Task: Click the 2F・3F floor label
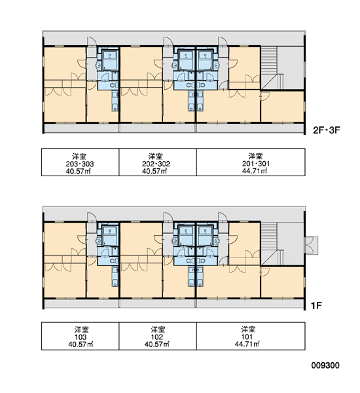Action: click(x=326, y=130)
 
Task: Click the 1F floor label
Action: click(x=316, y=306)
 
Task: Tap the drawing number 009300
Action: click(x=325, y=365)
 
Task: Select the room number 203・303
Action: click(x=80, y=164)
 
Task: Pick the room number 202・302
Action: click(x=156, y=164)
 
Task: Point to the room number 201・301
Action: click(x=256, y=164)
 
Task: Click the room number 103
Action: click(x=81, y=337)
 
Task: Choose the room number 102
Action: click(x=157, y=337)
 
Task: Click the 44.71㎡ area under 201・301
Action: click(x=254, y=171)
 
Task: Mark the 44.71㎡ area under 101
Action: click(x=247, y=345)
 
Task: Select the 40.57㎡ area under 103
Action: click(x=81, y=345)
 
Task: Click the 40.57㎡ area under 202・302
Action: click(x=154, y=171)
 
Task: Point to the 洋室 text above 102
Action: click(x=158, y=329)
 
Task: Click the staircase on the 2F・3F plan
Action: click(x=269, y=67)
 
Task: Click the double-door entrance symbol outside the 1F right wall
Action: click(x=311, y=245)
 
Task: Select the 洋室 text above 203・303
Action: click(x=79, y=157)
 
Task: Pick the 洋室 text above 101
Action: click(x=248, y=329)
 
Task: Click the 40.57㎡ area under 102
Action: click(x=157, y=345)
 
